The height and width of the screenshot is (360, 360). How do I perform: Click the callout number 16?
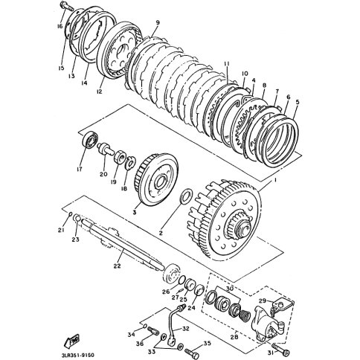(60, 26)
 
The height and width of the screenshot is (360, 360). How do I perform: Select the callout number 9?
(158, 23)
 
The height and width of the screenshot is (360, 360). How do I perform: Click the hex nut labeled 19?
(120, 157)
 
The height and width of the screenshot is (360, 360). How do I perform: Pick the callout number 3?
(135, 212)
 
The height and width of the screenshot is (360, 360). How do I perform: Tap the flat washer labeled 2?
(184, 197)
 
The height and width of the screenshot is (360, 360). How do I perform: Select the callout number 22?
(117, 266)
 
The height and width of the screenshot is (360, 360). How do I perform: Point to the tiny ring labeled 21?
(70, 214)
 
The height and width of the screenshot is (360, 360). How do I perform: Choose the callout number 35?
(207, 343)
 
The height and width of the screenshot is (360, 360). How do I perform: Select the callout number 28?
(234, 337)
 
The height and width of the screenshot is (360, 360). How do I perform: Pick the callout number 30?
(230, 289)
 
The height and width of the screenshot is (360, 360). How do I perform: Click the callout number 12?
(99, 91)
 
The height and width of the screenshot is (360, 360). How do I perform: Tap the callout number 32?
(185, 329)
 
